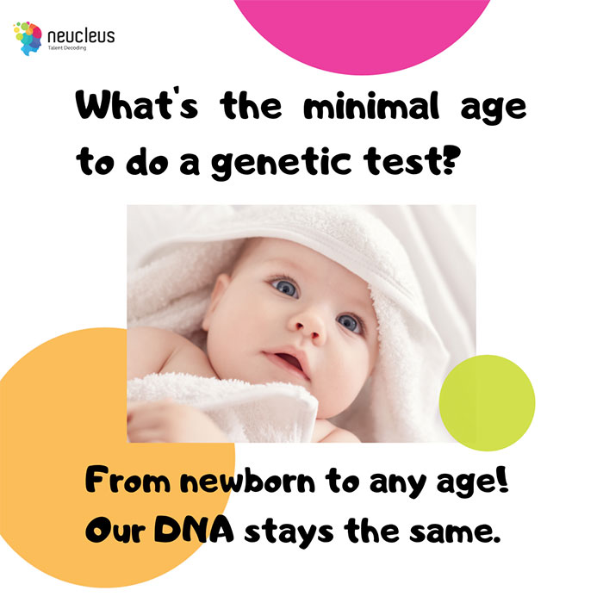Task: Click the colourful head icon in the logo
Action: pos(28,39)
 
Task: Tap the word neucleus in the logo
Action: pos(81,36)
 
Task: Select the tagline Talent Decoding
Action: pos(67,48)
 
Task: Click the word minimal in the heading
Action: pos(371,105)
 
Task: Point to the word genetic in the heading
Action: pos(281,163)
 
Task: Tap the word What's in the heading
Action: pos(137,104)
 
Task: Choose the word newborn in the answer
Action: pos(248,482)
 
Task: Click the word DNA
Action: pos(194,531)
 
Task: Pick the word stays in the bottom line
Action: pos(289,533)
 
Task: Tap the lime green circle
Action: pos(487,402)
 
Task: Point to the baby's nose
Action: pos(308,326)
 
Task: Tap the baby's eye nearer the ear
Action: pos(285,287)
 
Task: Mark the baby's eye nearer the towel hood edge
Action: pos(349,323)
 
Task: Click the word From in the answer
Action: pos(127,480)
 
